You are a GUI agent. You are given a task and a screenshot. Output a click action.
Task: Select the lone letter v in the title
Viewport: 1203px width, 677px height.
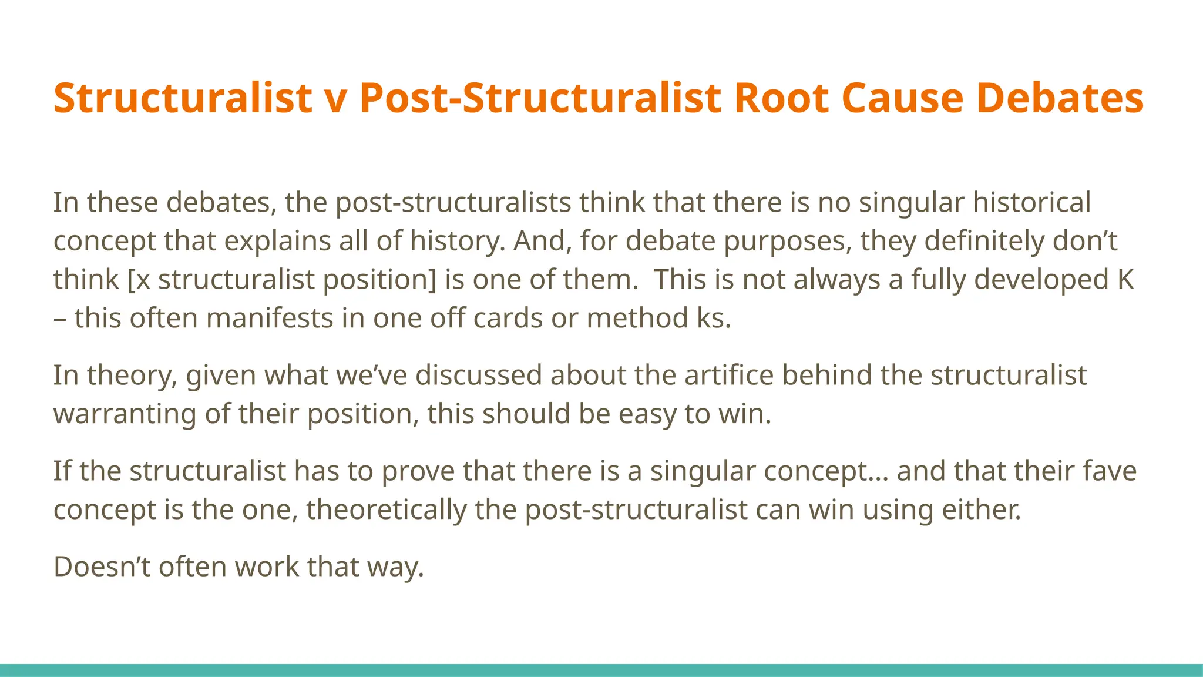coord(336,99)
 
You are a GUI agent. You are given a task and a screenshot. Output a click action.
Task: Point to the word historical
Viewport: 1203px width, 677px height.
coord(1031,202)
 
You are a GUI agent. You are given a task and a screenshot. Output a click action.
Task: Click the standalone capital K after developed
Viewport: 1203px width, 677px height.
coord(1125,280)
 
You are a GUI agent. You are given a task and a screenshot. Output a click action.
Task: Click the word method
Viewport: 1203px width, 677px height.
coord(637,319)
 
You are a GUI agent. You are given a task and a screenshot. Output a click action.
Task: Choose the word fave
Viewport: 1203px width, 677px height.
coord(1109,471)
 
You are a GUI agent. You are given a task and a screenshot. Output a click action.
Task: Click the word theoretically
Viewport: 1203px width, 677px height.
coord(386,510)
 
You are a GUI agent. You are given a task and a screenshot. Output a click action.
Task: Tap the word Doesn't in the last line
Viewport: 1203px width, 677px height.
coord(102,567)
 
